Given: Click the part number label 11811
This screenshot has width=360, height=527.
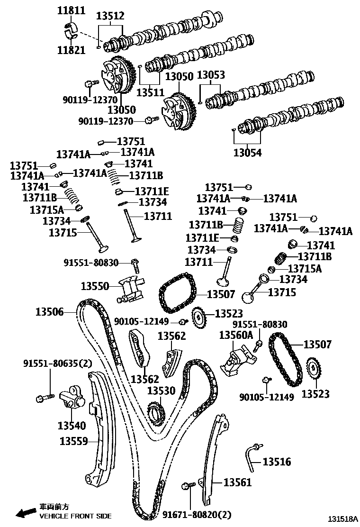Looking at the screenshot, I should (71, 10).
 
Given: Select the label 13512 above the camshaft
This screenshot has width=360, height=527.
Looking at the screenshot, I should (110, 16).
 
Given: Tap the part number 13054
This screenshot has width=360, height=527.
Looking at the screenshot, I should (247, 153).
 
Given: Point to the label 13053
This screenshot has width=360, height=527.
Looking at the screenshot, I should (211, 75).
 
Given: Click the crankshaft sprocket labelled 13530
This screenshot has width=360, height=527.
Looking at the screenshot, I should (155, 410).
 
